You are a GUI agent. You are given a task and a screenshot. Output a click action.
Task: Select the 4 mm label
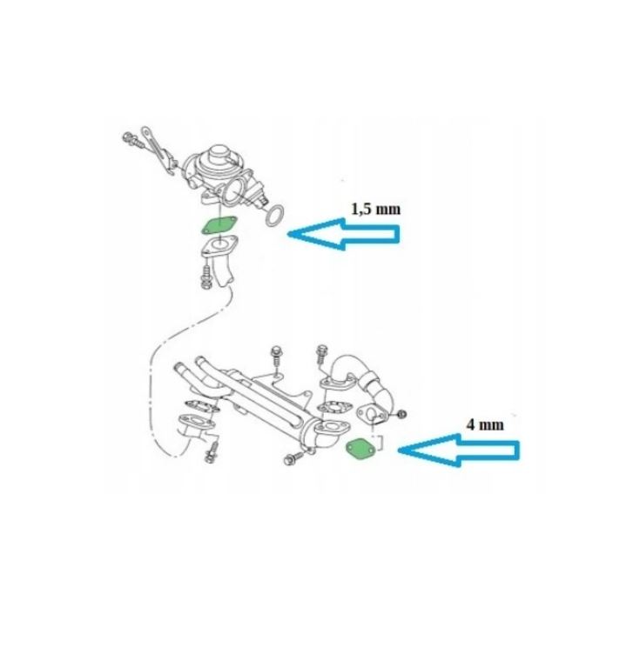485,425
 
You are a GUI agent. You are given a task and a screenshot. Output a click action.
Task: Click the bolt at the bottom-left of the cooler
210,454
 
